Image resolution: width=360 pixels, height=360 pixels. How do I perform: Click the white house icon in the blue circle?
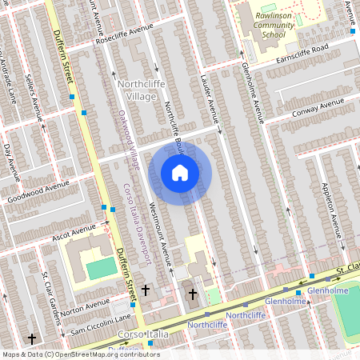coord(179,172)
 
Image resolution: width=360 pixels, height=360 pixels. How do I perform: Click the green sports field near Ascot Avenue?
coord(101,269)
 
